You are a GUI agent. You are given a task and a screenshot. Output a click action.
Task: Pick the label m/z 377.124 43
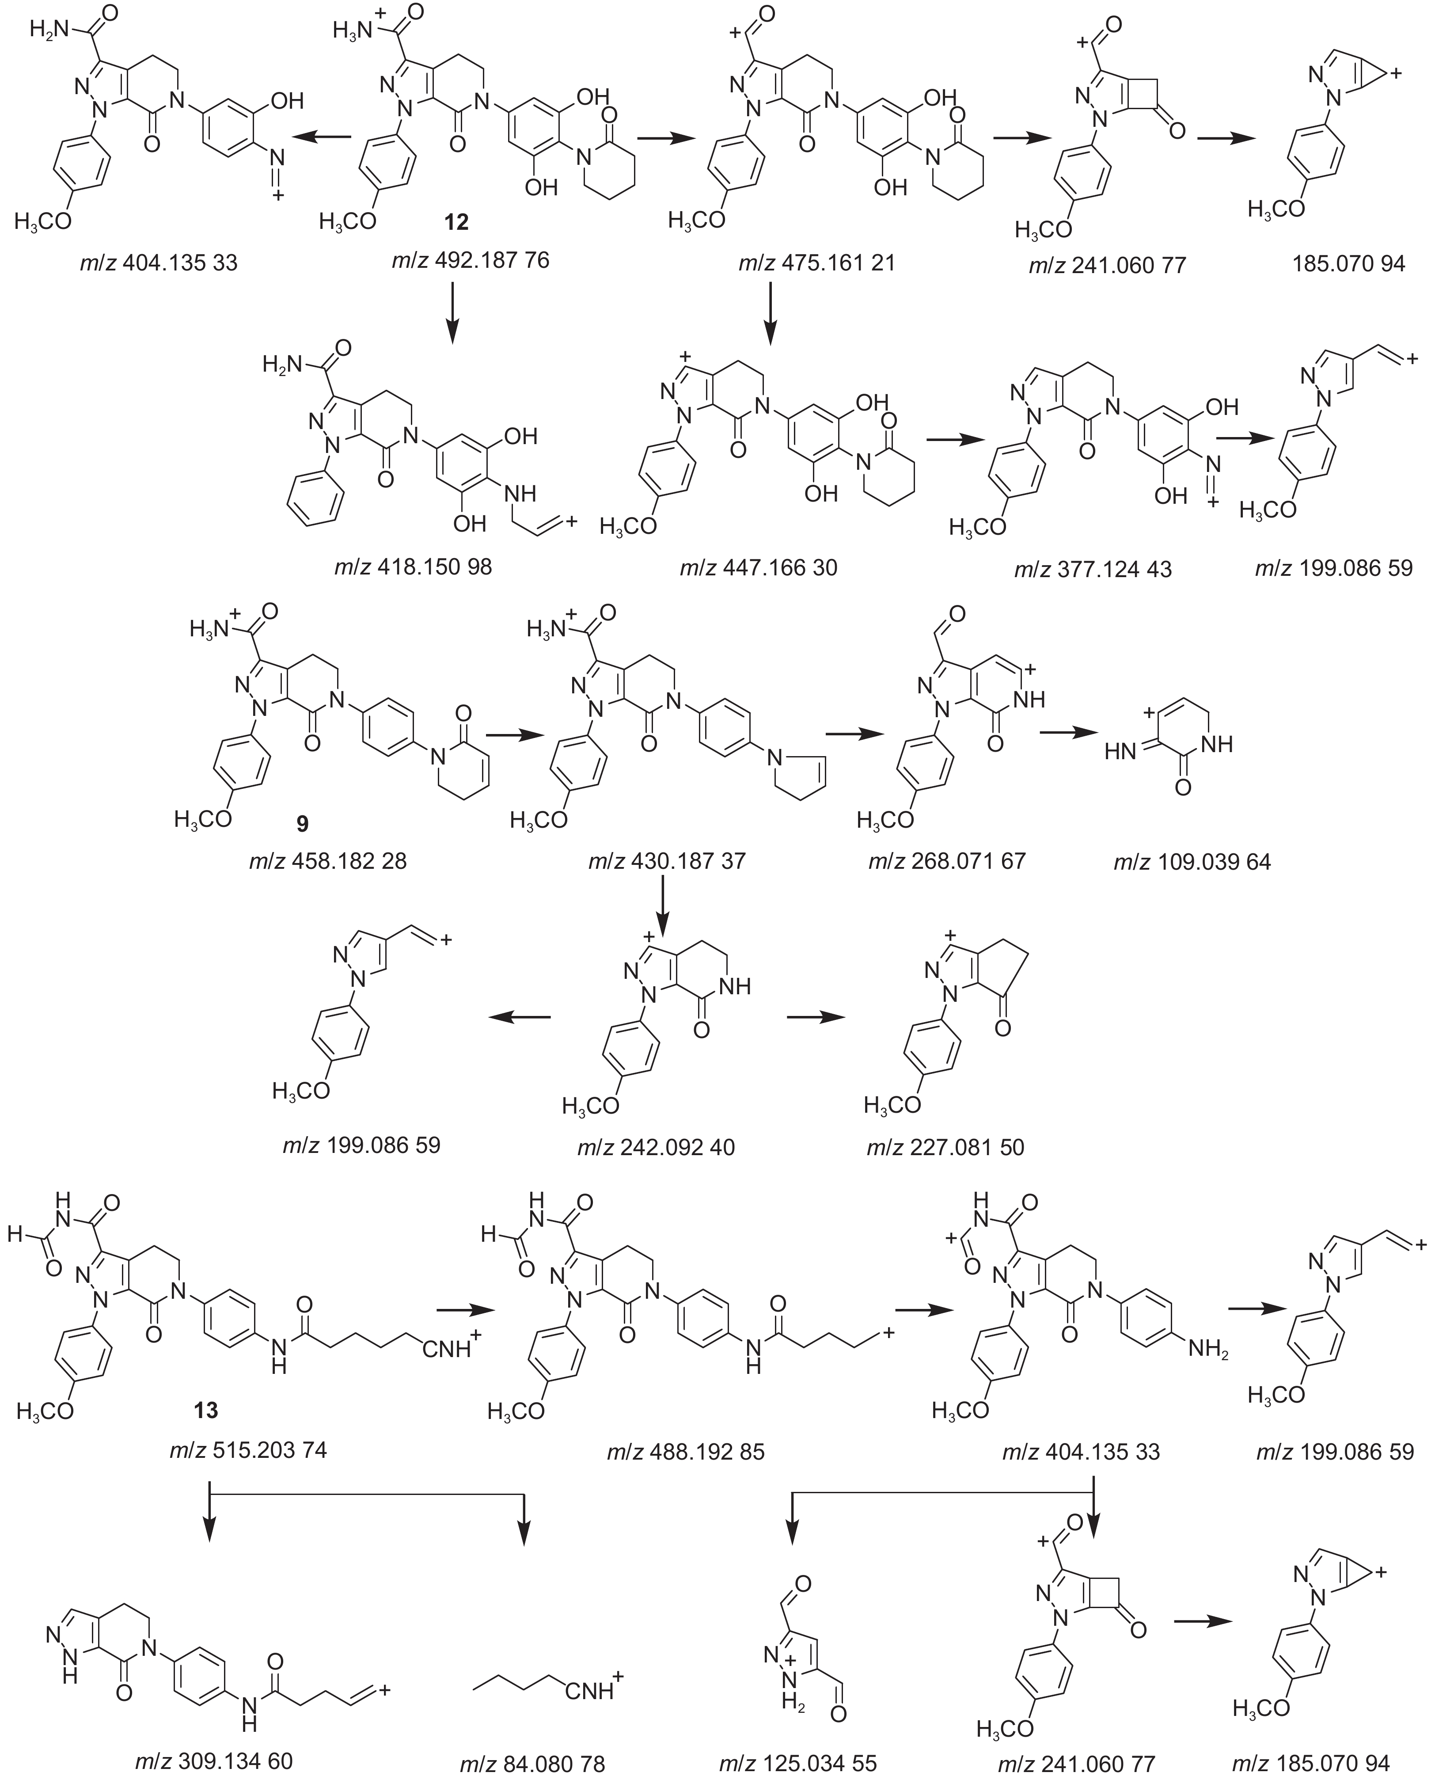(x=1093, y=569)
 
